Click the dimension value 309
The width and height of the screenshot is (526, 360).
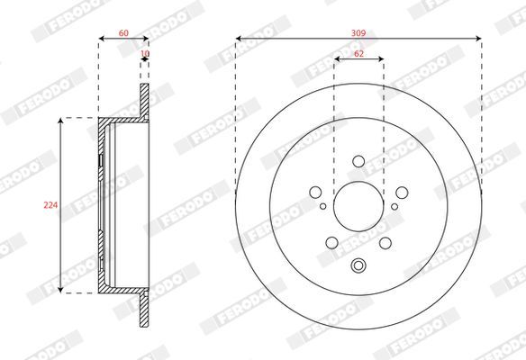click(358, 33)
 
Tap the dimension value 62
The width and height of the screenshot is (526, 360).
click(358, 54)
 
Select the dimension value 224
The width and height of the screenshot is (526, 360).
click(50, 205)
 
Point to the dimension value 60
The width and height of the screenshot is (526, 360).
click(123, 32)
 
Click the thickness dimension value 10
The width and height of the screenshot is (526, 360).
click(145, 53)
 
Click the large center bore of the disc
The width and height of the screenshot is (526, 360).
click(358, 206)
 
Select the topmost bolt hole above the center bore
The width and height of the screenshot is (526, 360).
click(358, 161)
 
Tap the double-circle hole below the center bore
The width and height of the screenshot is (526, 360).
click(358, 265)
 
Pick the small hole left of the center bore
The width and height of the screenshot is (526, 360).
click(322, 206)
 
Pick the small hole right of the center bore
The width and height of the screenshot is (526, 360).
click(394, 206)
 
